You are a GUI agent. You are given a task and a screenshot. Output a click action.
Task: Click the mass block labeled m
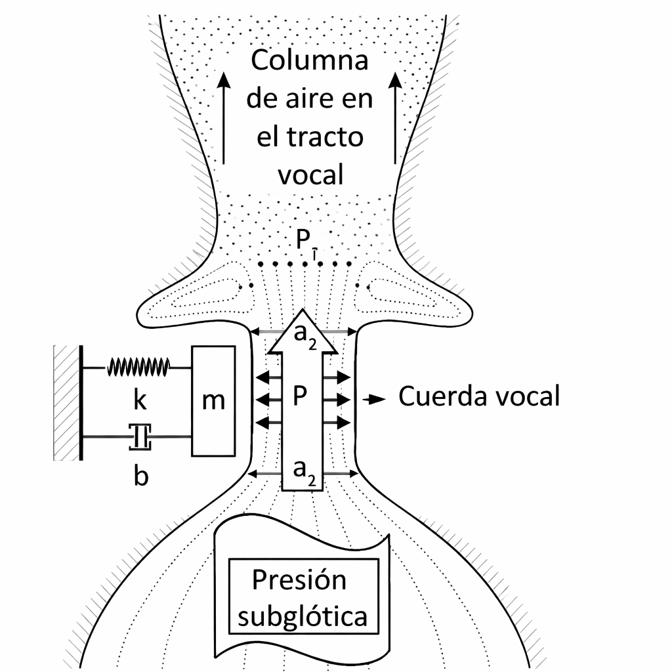click(213, 400)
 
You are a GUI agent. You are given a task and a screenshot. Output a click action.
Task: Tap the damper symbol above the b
click(140, 436)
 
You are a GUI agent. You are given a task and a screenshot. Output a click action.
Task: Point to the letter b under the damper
click(140, 476)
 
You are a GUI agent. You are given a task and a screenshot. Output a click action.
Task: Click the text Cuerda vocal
click(479, 397)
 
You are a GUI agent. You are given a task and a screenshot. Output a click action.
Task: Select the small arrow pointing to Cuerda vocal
click(376, 398)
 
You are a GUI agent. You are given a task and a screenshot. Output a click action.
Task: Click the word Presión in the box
click(299, 580)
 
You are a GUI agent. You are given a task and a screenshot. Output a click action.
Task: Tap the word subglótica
click(303, 617)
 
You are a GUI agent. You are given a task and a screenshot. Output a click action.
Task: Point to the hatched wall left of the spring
click(66, 402)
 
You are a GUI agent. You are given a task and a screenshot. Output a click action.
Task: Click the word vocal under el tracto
click(310, 175)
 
